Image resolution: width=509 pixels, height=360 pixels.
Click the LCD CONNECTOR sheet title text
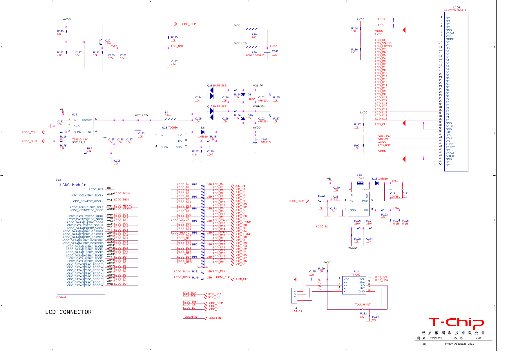68,312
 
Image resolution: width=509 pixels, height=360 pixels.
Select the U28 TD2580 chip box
171,141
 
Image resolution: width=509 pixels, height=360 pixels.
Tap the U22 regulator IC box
82,126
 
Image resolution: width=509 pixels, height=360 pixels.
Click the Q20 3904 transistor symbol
100,42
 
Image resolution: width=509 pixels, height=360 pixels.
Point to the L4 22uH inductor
171,119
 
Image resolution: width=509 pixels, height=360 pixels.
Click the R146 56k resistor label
60,33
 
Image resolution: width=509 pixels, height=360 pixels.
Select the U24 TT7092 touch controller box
354,285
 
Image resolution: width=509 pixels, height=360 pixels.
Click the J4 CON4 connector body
294,296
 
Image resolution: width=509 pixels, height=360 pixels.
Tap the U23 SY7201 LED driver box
358,204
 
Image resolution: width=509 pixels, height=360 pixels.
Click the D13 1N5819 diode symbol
377,183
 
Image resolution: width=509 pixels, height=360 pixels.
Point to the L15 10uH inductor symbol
360,183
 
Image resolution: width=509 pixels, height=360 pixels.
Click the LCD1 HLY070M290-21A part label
456,9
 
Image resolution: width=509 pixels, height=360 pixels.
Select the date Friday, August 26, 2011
459,344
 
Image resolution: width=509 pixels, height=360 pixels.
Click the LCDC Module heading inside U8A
73,185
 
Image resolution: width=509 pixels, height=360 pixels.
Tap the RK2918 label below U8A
61,297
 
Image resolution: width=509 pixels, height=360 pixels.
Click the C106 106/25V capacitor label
266,141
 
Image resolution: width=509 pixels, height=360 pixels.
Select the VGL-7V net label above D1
258,86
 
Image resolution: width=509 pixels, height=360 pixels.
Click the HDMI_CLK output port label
241,279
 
